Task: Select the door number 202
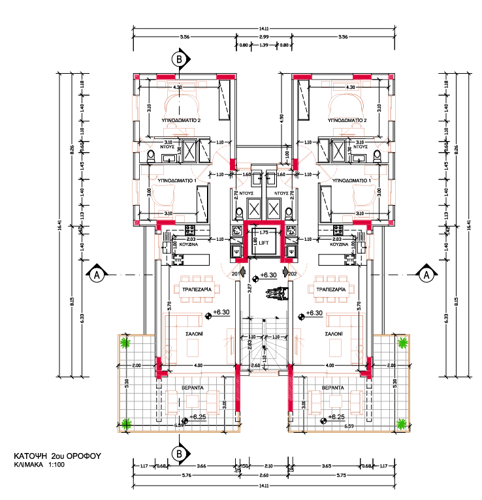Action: (293, 273)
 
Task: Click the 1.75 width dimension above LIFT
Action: (264, 232)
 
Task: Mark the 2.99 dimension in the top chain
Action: (264, 38)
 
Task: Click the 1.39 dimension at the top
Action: (264, 45)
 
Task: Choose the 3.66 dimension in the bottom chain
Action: (201, 465)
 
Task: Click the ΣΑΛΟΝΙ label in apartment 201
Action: (194, 332)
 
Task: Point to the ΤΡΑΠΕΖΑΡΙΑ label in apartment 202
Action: (330, 287)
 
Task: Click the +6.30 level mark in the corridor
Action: (268, 276)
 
